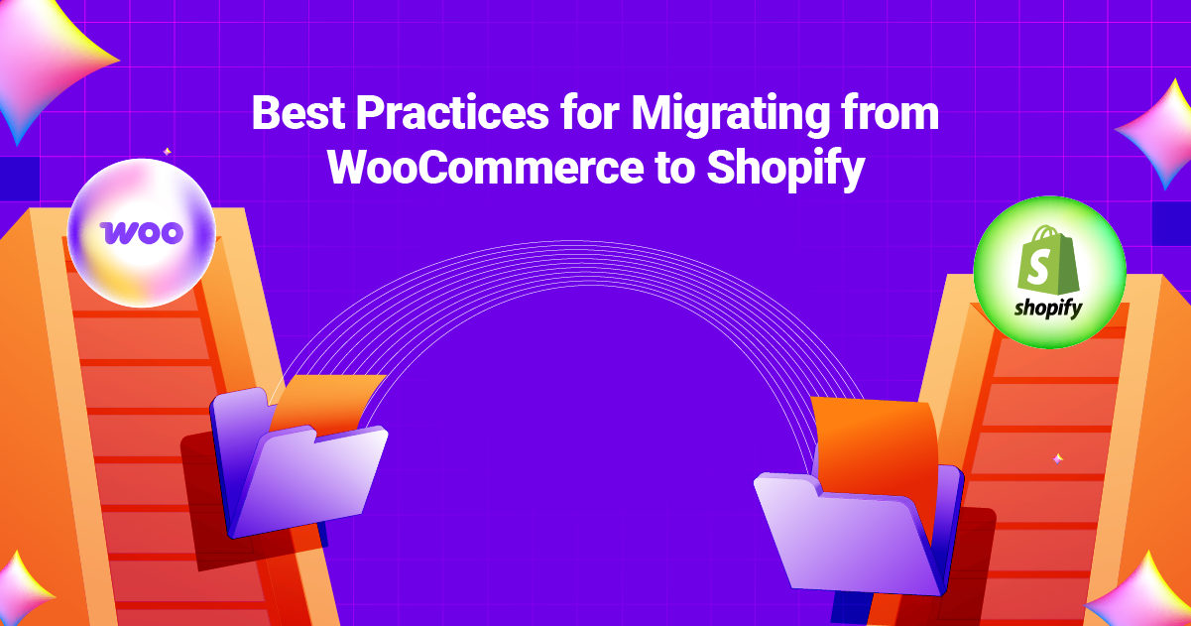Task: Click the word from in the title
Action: coord(891,114)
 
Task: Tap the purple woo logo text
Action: coord(142,232)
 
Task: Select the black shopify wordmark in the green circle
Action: coord(1048,309)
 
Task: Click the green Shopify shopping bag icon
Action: coord(1044,260)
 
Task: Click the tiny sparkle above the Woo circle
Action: coord(167,152)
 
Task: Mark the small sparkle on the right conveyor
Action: coord(1058,458)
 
